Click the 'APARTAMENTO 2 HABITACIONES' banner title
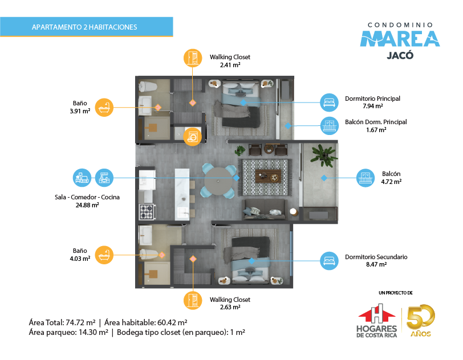point(84,27)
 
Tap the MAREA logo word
point(400,39)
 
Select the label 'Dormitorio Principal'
point(373,99)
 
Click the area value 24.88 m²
point(87,205)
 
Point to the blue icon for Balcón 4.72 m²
point(365,178)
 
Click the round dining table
point(218,181)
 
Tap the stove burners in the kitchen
point(147,212)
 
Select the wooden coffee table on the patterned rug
point(268,176)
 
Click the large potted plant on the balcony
point(324,156)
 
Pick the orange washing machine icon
point(193,137)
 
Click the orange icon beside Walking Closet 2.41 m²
point(193,58)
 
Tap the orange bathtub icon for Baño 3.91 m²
point(104,108)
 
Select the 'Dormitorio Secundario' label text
point(376,257)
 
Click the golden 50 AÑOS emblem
point(420,321)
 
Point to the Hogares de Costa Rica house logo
point(377,321)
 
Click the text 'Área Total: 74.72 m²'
point(62,322)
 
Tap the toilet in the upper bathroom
point(148,87)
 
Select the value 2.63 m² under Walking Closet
point(230,307)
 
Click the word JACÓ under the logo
point(400,55)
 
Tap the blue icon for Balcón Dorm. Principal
point(329,126)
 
